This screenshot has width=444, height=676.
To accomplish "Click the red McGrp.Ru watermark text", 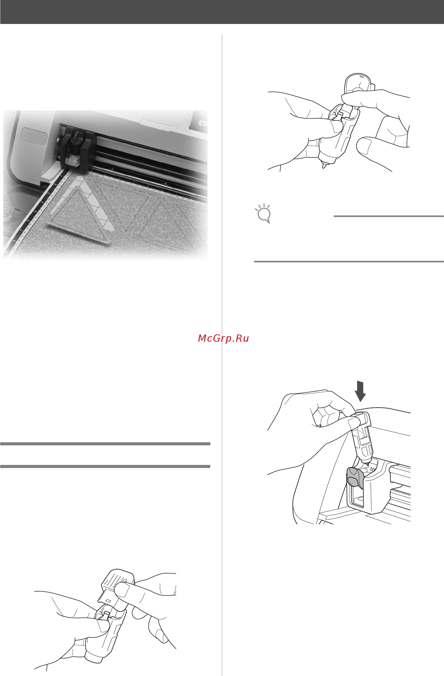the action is click(223, 338).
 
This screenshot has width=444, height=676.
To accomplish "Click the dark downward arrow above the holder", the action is click(360, 391).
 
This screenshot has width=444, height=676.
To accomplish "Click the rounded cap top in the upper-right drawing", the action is click(359, 82).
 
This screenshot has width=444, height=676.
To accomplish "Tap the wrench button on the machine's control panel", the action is click(203, 123).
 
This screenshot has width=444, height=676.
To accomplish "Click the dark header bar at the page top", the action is click(222, 12).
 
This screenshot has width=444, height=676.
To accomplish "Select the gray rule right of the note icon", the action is click(388, 216).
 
